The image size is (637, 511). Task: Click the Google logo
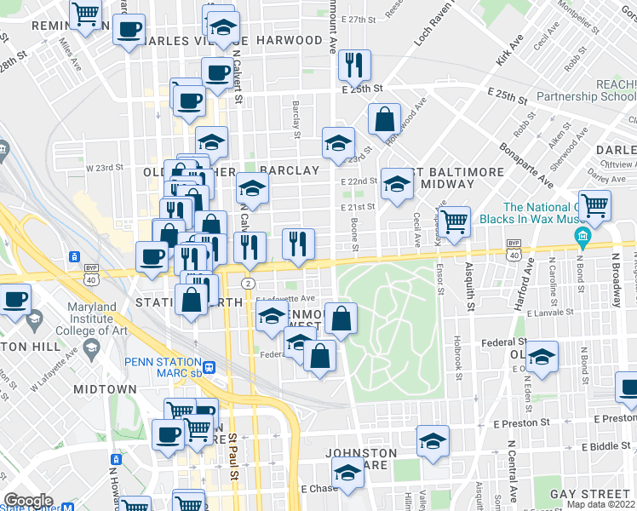tap(29, 501)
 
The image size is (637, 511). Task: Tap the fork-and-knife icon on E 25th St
tap(352, 65)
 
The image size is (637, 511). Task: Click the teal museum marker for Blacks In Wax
tap(583, 234)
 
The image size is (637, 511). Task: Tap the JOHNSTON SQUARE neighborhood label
tap(360, 461)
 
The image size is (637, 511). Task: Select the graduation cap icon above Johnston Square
tap(433, 441)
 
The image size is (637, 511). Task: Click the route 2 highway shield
tap(247, 283)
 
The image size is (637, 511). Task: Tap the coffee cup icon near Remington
tap(129, 31)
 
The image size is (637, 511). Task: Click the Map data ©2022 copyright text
tap(600, 504)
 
